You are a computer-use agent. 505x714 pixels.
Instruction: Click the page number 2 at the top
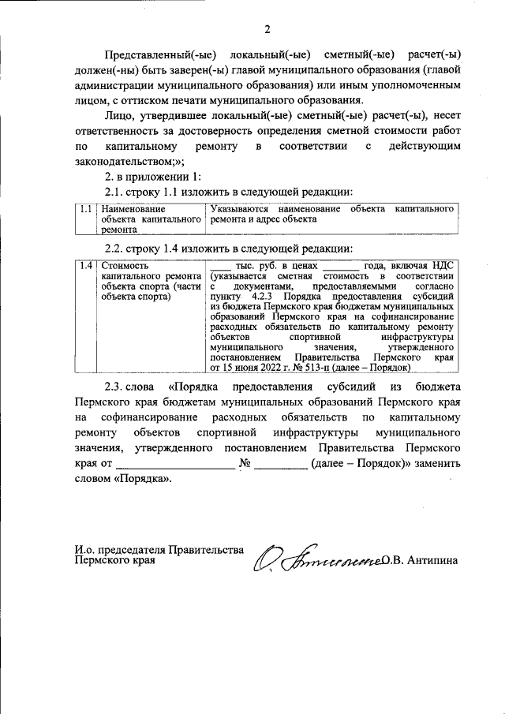click(267, 30)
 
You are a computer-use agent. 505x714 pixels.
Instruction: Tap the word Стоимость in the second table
click(124, 266)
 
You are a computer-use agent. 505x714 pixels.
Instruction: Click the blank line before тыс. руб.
click(223, 267)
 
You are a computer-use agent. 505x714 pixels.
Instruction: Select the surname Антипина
click(432, 561)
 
